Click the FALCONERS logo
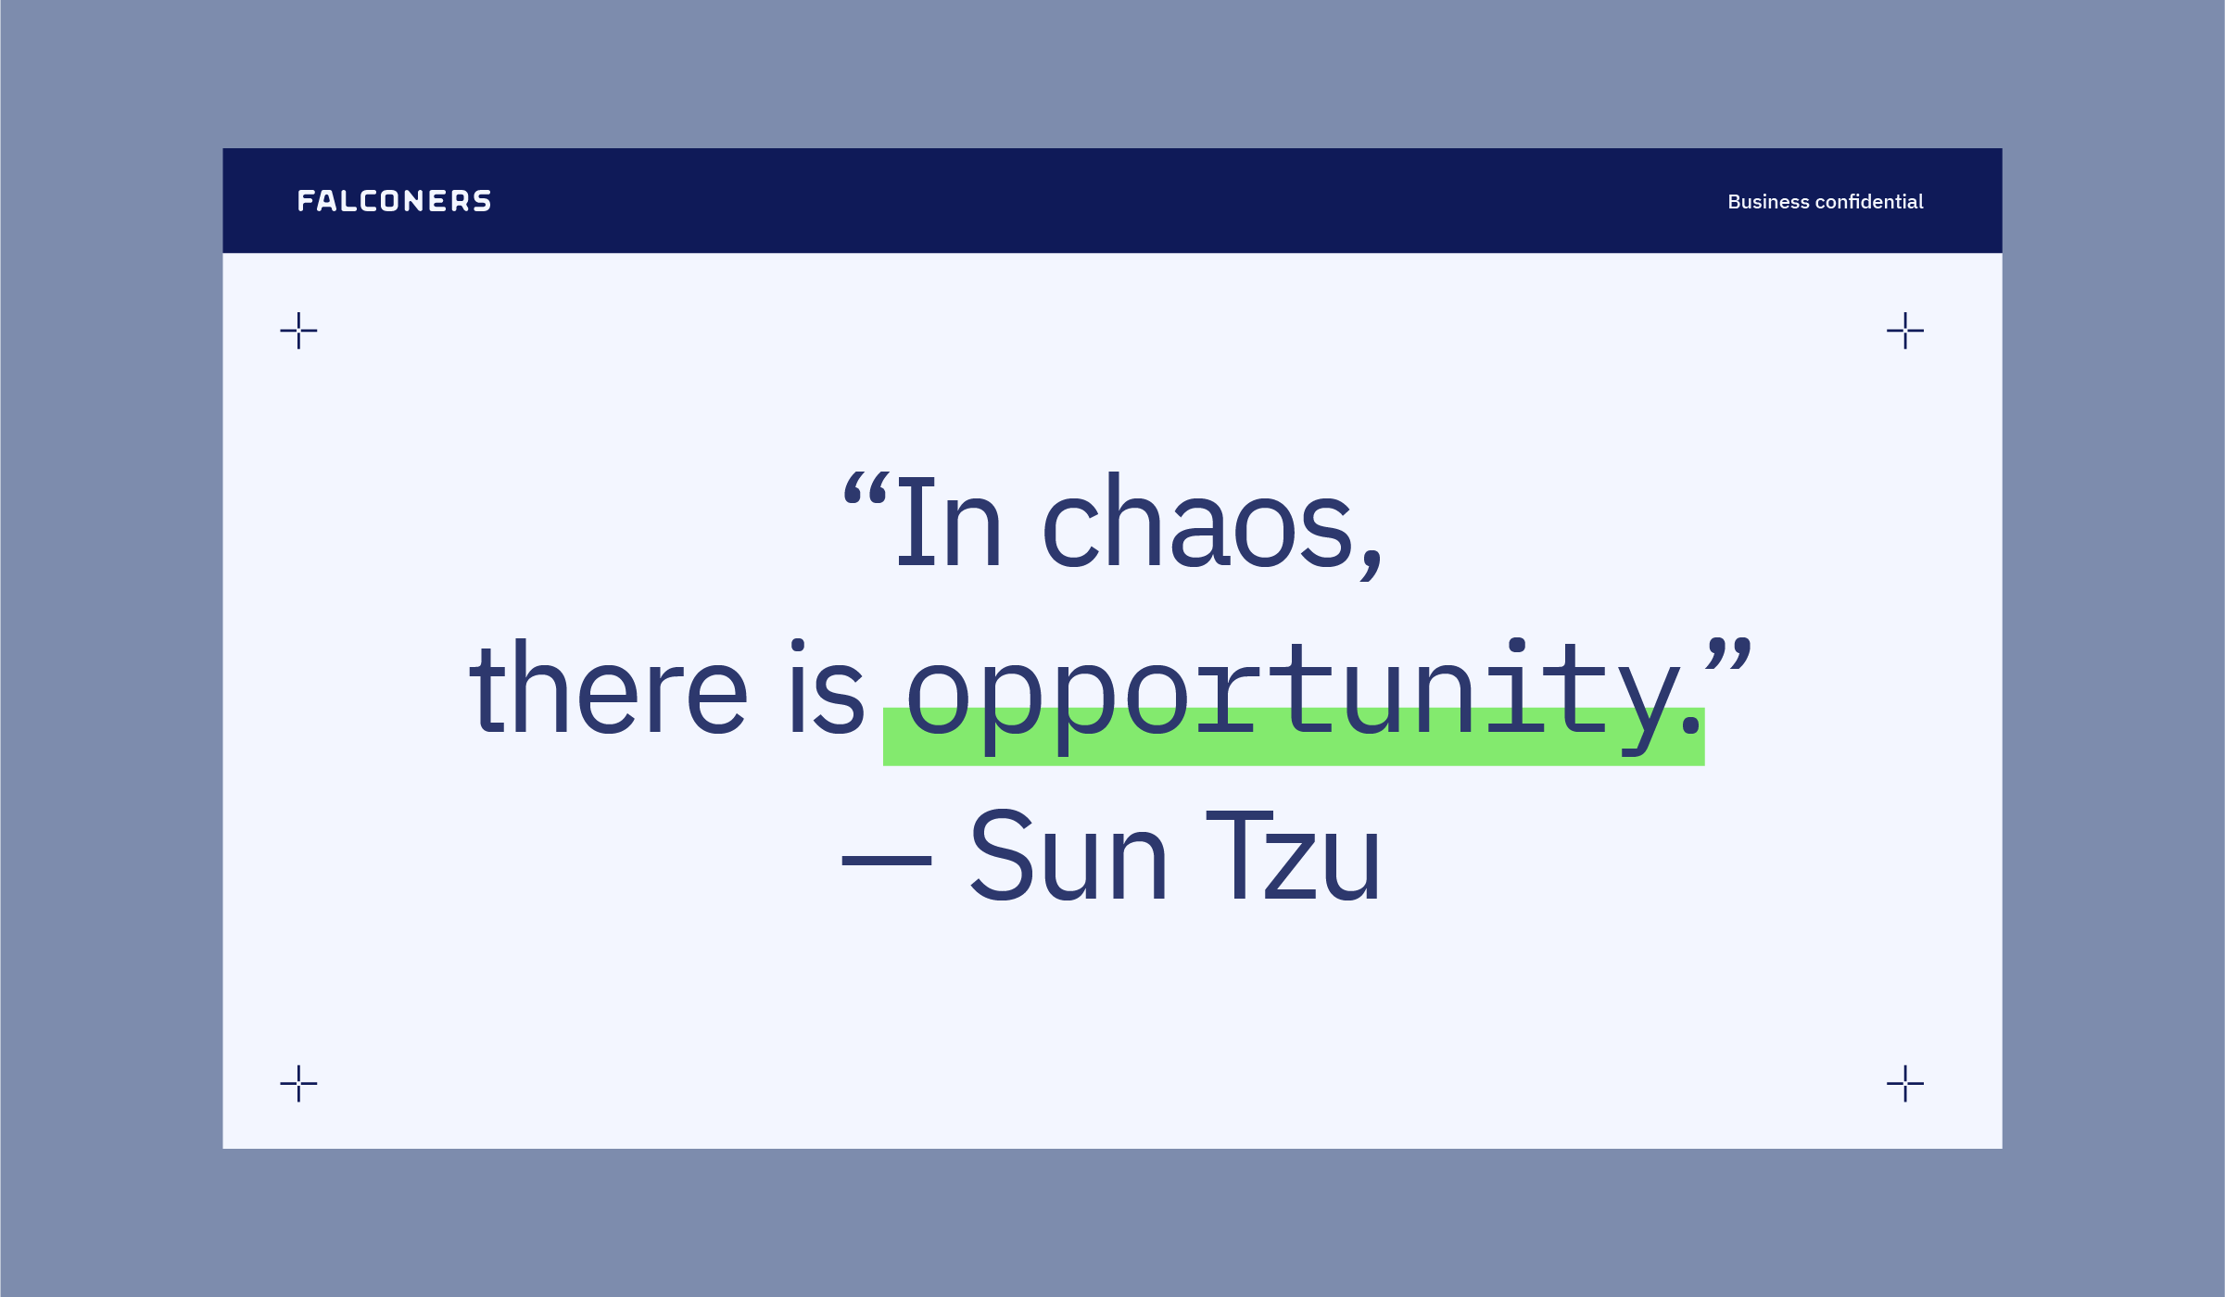(x=394, y=201)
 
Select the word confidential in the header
(x=1869, y=202)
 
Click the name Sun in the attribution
(x=1068, y=854)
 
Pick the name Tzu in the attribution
(x=1293, y=854)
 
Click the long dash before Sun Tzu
(x=886, y=861)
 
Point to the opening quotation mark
(x=866, y=488)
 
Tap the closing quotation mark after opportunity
(x=1728, y=654)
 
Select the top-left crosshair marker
(x=298, y=331)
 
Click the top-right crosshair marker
(x=1905, y=331)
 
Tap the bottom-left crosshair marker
(x=298, y=1084)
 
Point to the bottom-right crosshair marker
(x=1905, y=1084)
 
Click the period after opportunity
(x=1691, y=724)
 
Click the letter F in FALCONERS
(x=306, y=201)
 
